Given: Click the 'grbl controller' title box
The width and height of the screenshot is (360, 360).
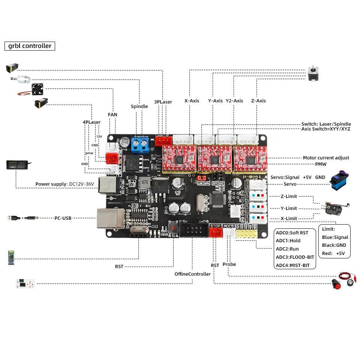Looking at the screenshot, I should [x=30, y=46].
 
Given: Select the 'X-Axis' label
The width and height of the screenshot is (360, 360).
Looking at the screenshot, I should [x=192, y=100].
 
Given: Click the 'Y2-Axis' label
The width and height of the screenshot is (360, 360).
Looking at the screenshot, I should [x=234, y=100].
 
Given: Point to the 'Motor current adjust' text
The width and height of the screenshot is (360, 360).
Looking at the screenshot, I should [x=326, y=158].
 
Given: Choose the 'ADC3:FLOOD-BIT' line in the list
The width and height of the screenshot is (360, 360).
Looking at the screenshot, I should [x=295, y=257].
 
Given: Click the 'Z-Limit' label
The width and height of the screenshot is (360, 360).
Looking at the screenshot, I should [x=288, y=196].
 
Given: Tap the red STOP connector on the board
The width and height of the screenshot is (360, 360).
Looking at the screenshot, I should [x=215, y=232].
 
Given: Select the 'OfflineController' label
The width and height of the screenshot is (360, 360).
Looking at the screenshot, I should [x=192, y=274].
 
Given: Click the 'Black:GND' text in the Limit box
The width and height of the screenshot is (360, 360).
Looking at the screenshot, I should [x=334, y=245].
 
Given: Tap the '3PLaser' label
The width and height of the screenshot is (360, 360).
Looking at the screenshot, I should [x=163, y=102].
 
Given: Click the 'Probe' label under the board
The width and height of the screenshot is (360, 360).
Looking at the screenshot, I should [x=229, y=264].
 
